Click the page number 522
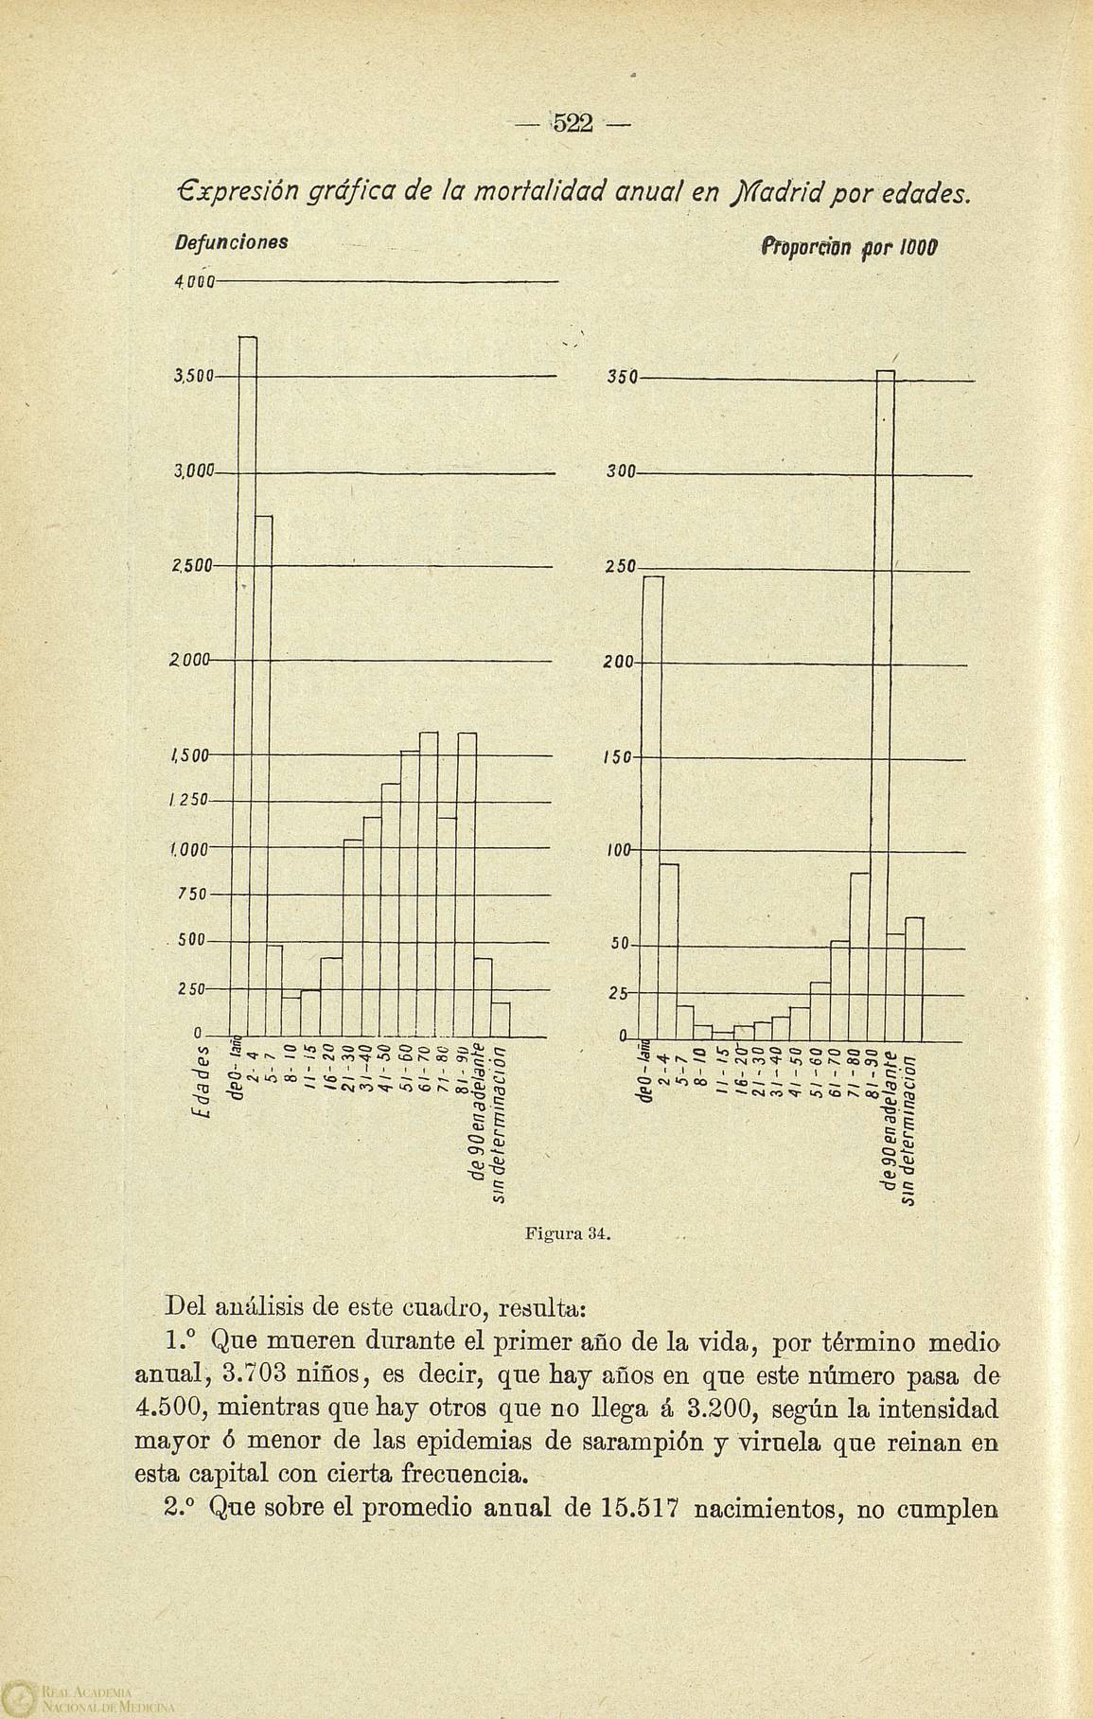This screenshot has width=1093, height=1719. (572, 124)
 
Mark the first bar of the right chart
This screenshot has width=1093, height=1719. (652, 805)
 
